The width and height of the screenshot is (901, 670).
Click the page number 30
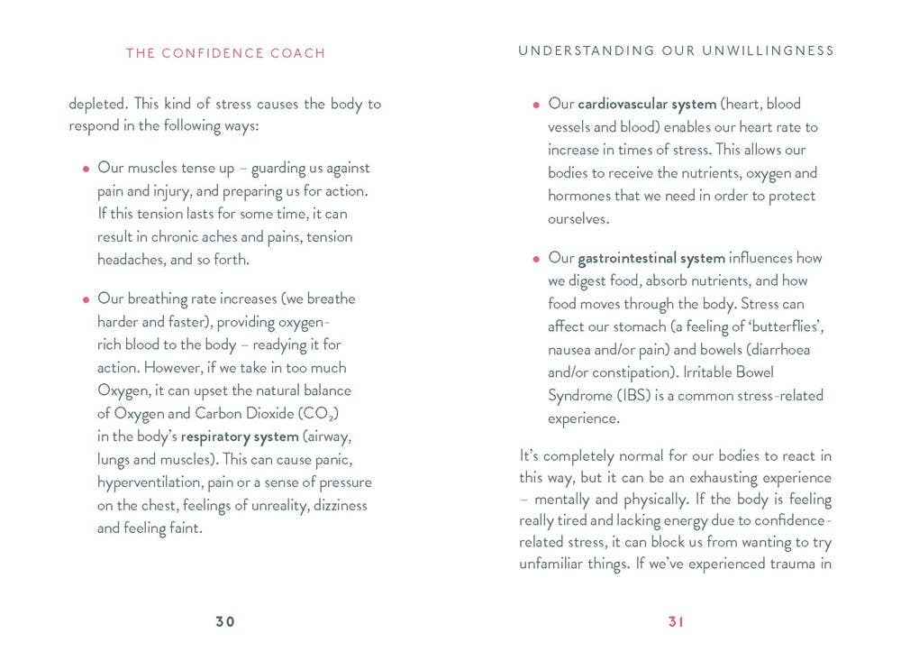(225, 621)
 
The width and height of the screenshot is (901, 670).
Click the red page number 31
(677, 621)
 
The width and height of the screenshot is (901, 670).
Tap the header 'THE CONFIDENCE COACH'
(225, 53)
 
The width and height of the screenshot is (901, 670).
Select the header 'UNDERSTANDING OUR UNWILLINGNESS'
(677, 51)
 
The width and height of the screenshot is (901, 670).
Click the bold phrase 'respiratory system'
(240, 436)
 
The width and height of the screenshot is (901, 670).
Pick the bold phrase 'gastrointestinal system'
(651, 259)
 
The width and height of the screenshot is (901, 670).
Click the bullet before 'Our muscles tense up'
(86, 169)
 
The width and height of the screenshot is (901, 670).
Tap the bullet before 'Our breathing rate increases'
(86, 299)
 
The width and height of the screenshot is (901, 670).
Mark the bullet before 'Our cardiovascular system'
(536, 105)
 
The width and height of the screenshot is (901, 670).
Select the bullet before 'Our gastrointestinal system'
(536, 260)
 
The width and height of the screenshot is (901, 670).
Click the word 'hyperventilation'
(150, 482)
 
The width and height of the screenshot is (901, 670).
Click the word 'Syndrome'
(578, 395)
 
